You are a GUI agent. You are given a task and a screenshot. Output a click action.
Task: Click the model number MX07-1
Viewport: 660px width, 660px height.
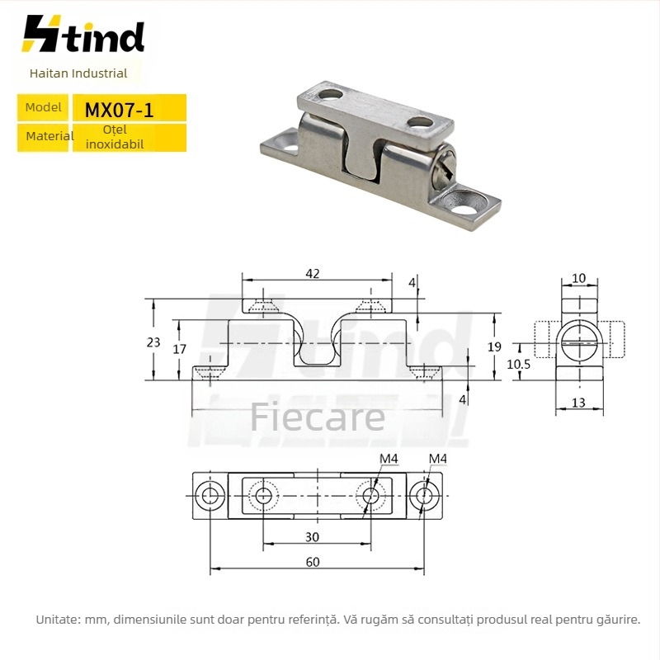(119, 111)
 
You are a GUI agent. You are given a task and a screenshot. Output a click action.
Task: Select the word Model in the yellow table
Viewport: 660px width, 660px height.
(43, 107)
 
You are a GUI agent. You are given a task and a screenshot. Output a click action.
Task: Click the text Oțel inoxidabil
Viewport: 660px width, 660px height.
(115, 137)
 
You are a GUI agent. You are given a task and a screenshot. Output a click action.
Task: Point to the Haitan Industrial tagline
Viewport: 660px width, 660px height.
(78, 73)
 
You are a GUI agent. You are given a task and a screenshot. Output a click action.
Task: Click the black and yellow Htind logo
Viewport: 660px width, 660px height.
(83, 34)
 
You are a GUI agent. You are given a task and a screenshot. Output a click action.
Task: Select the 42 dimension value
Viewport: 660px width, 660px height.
(313, 274)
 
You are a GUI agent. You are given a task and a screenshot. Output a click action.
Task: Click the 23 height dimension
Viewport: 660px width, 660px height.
(153, 342)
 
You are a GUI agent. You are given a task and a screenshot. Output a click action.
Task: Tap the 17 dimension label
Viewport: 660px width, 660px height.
(179, 348)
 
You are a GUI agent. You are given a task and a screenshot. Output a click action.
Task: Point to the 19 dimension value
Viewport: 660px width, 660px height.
(494, 346)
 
